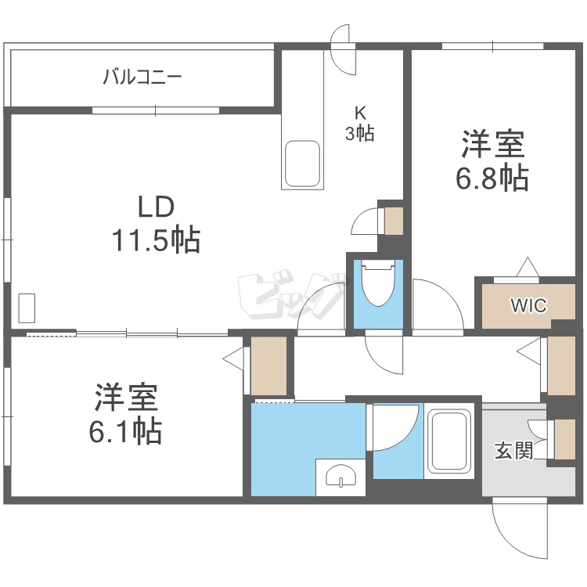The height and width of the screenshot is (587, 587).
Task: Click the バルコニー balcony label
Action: [x=142, y=77]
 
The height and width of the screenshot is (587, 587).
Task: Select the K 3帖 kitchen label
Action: [x=360, y=123]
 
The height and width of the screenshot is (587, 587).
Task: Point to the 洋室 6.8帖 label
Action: [x=492, y=161]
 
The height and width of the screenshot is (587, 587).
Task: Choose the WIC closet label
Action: [x=529, y=305]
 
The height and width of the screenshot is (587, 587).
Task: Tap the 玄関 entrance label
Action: [x=513, y=451]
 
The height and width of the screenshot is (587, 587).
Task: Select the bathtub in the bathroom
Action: [x=449, y=442]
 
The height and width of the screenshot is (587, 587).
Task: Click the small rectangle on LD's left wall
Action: [x=27, y=308]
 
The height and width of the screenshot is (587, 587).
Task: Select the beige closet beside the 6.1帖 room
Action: [x=269, y=366]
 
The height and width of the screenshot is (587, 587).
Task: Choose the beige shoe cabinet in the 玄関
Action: [x=564, y=439]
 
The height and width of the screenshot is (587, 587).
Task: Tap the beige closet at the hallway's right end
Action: [x=562, y=366]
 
